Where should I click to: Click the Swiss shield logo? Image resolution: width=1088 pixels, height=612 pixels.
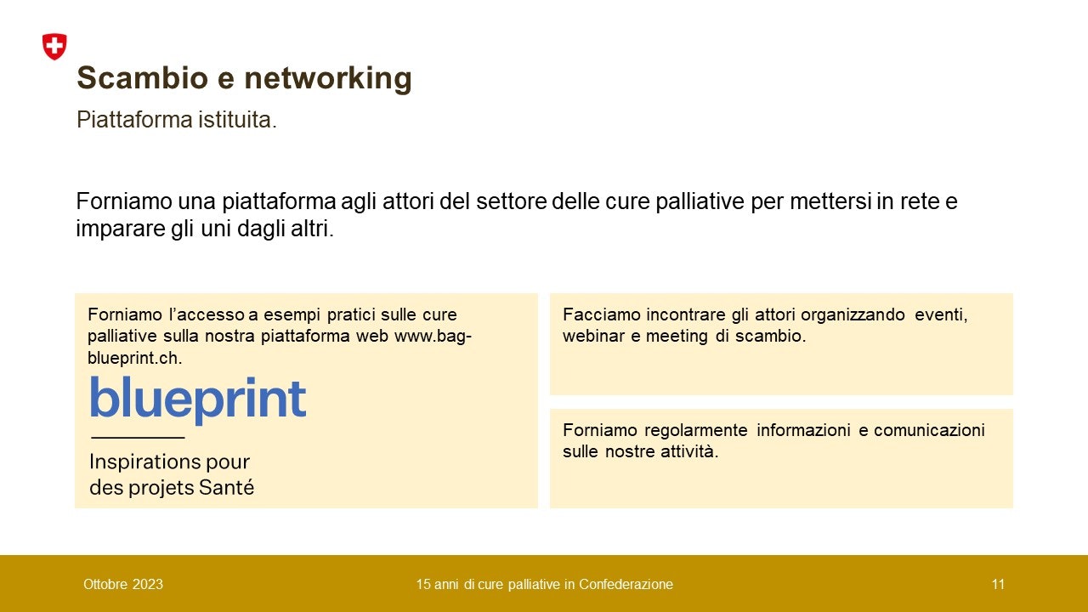54,47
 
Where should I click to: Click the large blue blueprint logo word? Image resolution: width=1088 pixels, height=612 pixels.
197,399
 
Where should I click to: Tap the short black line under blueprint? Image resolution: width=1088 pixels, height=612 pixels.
138,437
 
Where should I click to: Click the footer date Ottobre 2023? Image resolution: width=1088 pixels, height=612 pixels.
123,584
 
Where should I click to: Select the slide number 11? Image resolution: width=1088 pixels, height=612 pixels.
998,584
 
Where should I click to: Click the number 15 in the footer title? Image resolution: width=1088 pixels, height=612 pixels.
422,584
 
